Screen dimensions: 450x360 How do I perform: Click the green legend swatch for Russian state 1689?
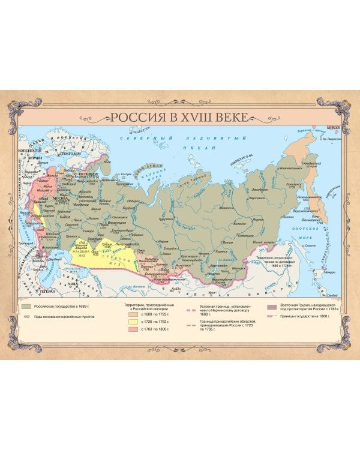click(27, 307)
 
